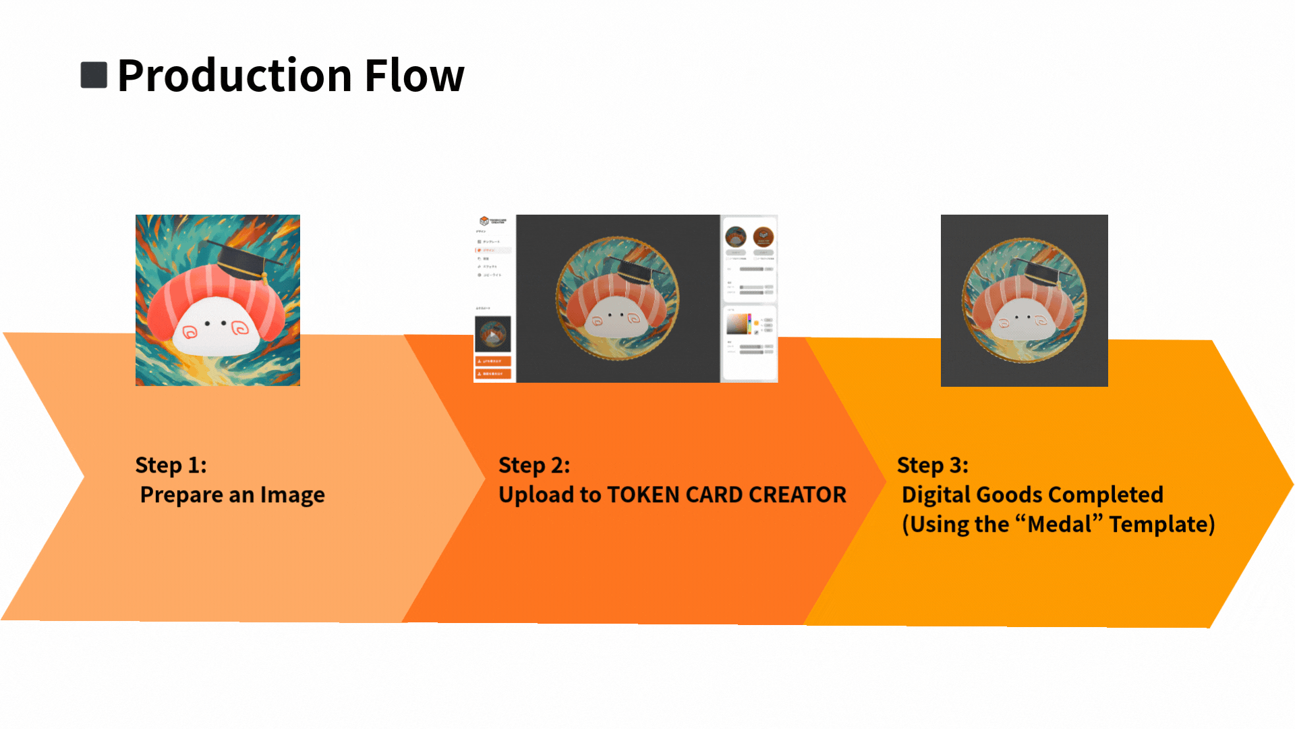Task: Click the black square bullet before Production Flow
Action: click(94, 75)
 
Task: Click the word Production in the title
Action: click(235, 75)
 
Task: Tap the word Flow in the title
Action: click(414, 75)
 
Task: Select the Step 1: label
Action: click(171, 465)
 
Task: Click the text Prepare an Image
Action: click(232, 495)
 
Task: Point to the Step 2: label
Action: click(534, 465)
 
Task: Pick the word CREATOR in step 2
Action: click(797, 495)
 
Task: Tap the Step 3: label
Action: click(932, 465)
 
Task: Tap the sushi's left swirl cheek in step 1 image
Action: click(190, 331)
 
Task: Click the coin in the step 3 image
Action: click(1024, 300)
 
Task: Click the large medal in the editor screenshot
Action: click(617, 298)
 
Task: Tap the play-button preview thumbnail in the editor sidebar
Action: click(493, 334)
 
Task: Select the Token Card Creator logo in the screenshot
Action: click(492, 221)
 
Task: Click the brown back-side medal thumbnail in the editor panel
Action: click(764, 237)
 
